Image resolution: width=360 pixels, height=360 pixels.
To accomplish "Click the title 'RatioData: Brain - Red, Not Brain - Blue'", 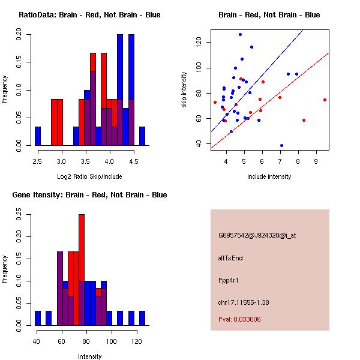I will click(89, 15).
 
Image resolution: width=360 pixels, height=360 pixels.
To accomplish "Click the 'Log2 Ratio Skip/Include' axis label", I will click(89, 176).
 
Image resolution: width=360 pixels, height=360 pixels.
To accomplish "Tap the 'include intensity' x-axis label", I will click(269, 176).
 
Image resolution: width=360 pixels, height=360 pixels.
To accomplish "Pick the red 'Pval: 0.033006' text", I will click(239, 320).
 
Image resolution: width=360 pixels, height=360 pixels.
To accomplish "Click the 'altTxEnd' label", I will click(231, 258).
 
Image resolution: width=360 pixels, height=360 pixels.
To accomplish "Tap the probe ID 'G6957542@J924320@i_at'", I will click(257, 235).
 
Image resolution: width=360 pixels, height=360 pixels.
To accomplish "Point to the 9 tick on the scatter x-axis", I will click(316, 161).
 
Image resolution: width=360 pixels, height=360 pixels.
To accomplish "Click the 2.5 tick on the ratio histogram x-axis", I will click(38, 161).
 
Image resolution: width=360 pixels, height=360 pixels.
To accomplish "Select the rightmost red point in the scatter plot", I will click(325, 100).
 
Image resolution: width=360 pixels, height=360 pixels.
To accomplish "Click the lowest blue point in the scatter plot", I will click(281, 145).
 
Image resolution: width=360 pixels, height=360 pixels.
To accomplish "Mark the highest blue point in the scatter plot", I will click(240, 35).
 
